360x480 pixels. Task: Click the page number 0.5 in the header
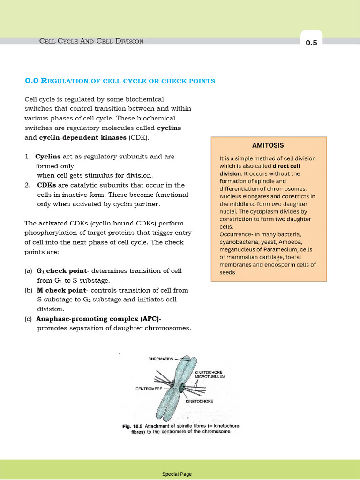[311, 43]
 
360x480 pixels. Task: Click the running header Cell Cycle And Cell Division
[91, 41]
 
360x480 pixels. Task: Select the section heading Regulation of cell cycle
[120, 81]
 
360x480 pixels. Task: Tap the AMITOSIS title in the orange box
[268, 145]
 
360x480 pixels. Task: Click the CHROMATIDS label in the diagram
[161, 359]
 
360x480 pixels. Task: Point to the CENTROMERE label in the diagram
[149, 389]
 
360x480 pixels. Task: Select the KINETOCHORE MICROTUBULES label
[210, 374]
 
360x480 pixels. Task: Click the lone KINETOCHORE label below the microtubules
[199, 401]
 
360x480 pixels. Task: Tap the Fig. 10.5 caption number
[133, 426]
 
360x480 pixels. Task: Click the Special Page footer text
[177, 474]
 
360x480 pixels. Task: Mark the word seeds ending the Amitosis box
[227, 272]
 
